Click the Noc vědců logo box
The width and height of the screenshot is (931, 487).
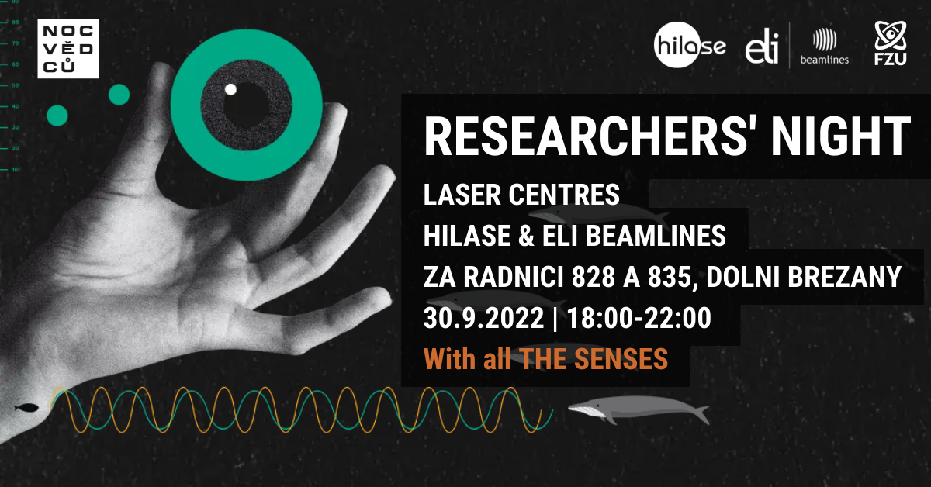(x=67, y=49)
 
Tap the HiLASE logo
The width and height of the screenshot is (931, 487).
(x=690, y=45)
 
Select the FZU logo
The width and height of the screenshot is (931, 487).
(x=891, y=43)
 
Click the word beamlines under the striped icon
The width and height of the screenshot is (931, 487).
(x=825, y=60)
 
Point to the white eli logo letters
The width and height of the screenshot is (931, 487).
(x=761, y=47)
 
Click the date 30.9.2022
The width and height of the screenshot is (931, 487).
(x=484, y=318)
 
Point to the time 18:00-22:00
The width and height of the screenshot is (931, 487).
(x=639, y=318)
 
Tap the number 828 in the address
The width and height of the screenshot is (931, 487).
(x=593, y=277)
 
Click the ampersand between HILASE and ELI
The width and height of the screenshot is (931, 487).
(x=526, y=236)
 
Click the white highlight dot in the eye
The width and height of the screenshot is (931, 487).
(x=230, y=89)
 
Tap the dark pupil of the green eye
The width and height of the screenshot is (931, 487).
(x=246, y=105)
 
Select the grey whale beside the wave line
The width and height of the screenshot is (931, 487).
(x=639, y=409)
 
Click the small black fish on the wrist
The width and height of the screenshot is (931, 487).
(x=26, y=408)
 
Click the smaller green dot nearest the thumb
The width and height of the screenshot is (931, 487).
(x=119, y=95)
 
